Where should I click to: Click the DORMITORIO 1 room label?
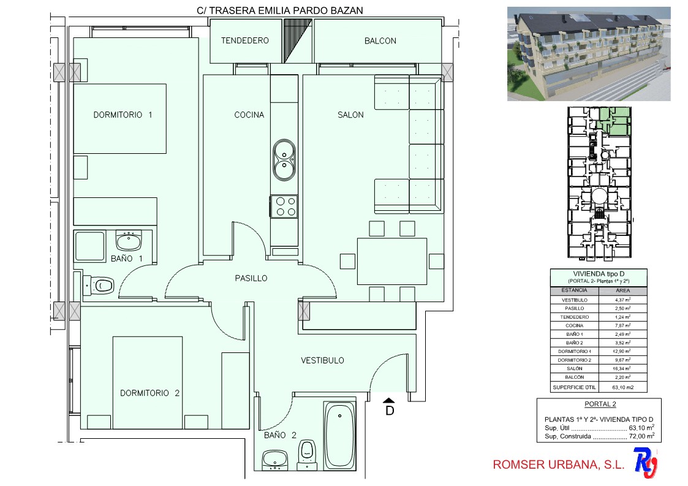click(x=123, y=115)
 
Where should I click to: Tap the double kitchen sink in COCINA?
click(x=284, y=160)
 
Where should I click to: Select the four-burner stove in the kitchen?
click(x=284, y=207)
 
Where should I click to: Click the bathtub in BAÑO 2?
click(x=339, y=435)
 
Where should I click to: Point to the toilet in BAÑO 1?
click(x=99, y=286)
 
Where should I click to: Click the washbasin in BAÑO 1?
click(x=129, y=241)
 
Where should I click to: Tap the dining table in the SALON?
click(x=392, y=261)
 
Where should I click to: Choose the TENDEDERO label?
click(x=245, y=41)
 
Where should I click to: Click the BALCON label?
click(x=380, y=41)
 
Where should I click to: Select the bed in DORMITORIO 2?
click(x=148, y=382)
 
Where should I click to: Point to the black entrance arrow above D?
click(x=389, y=400)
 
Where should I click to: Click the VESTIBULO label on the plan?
click(x=322, y=360)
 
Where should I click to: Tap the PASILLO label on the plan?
click(x=251, y=278)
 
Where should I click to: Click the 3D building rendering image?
click(x=589, y=54)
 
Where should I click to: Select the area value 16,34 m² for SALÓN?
click(x=622, y=368)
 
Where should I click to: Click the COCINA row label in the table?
click(x=575, y=326)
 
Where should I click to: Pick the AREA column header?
click(x=622, y=290)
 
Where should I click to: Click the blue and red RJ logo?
click(x=646, y=462)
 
